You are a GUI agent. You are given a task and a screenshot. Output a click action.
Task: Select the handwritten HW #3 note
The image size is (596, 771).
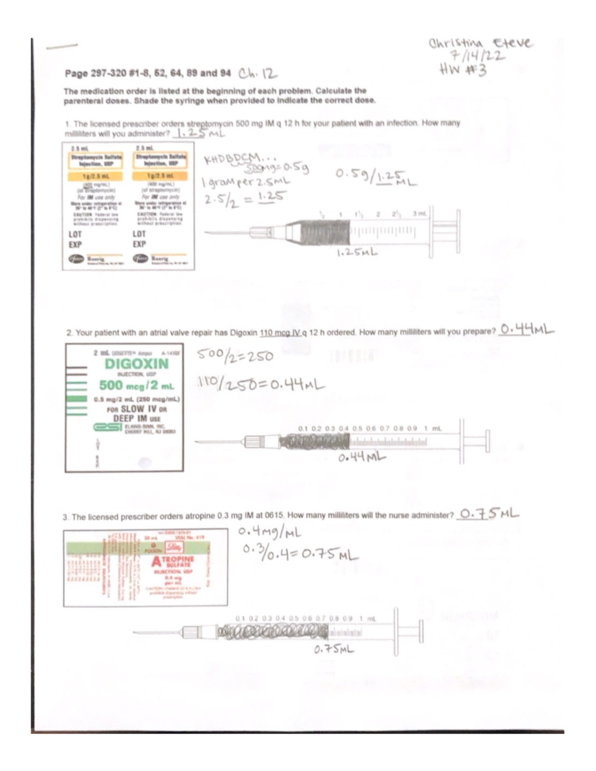[463, 70]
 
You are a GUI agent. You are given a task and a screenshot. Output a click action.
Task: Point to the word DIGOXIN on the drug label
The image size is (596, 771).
[137, 363]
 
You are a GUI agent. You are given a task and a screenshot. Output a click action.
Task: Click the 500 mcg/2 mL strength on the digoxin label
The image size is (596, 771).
[136, 385]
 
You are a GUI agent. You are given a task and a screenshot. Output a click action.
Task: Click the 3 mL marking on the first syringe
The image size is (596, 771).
[419, 214]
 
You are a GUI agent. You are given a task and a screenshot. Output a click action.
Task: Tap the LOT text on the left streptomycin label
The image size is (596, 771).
[75, 234]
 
